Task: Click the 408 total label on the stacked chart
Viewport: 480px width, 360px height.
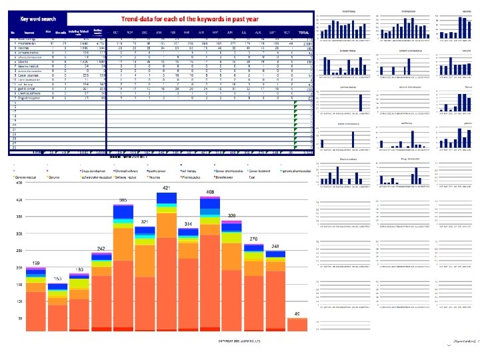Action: (209, 192)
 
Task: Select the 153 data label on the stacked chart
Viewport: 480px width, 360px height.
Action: (59, 277)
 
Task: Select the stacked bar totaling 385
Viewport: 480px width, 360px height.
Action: (124, 267)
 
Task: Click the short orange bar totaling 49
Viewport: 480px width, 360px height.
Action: (297, 324)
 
